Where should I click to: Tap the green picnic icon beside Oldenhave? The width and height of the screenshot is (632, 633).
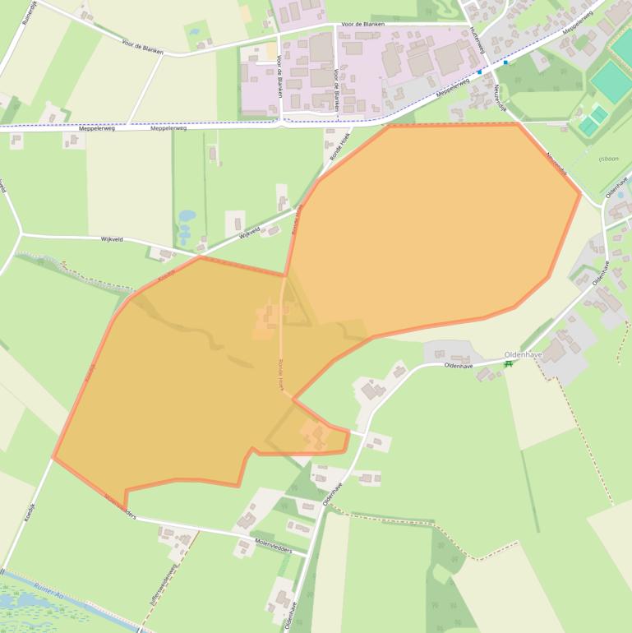[509, 363]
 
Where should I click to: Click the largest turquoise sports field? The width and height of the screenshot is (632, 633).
[611, 81]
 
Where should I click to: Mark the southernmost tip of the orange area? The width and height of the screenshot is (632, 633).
[125, 507]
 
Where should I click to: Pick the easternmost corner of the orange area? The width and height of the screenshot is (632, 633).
[580, 194]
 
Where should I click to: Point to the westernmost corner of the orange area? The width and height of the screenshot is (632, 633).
[53, 457]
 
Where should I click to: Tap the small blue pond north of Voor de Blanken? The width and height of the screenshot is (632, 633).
[194, 32]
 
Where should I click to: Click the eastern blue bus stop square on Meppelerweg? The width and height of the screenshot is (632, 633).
[505, 62]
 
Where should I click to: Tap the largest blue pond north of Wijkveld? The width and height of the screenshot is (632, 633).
[187, 216]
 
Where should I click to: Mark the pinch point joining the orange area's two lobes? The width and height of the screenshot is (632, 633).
[286, 275]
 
